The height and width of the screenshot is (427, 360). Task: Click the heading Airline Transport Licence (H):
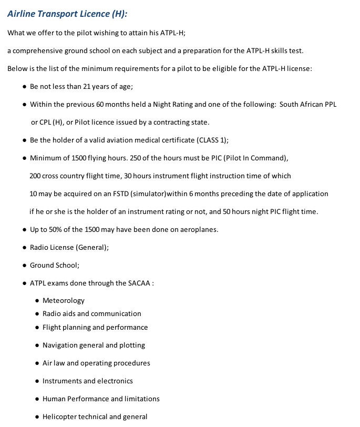point(67,14)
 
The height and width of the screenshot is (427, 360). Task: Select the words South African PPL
point(308,105)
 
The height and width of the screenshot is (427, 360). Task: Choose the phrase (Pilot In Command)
point(254,158)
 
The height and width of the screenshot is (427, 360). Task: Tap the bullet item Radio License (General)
point(69,247)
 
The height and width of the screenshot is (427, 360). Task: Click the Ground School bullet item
point(54,265)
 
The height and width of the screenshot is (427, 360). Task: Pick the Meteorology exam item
point(63,301)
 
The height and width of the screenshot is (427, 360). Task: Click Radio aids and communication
point(91,313)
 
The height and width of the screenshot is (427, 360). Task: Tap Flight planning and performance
point(95,327)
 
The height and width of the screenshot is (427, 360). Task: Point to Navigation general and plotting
point(94,345)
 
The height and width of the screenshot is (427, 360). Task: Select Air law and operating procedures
point(96,363)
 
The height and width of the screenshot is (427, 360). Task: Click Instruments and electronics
point(87,381)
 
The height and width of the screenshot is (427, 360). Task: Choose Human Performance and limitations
point(101,399)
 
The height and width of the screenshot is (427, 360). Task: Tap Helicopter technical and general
point(95,416)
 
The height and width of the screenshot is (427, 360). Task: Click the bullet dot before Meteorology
point(37,301)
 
